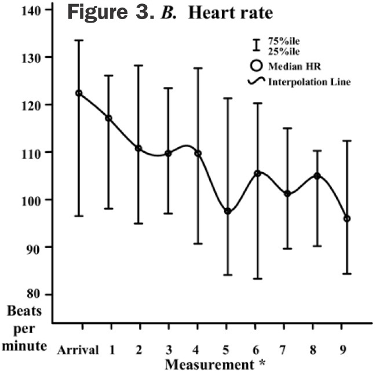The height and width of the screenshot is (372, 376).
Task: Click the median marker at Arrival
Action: (79, 93)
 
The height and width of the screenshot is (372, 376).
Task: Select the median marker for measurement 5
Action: (228, 211)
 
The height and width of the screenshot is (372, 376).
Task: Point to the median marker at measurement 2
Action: (138, 148)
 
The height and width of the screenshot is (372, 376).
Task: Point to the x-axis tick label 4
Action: (198, 350)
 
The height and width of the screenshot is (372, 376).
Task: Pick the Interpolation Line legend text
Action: (309, 82)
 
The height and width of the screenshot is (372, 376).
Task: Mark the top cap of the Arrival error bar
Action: (79, 41)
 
